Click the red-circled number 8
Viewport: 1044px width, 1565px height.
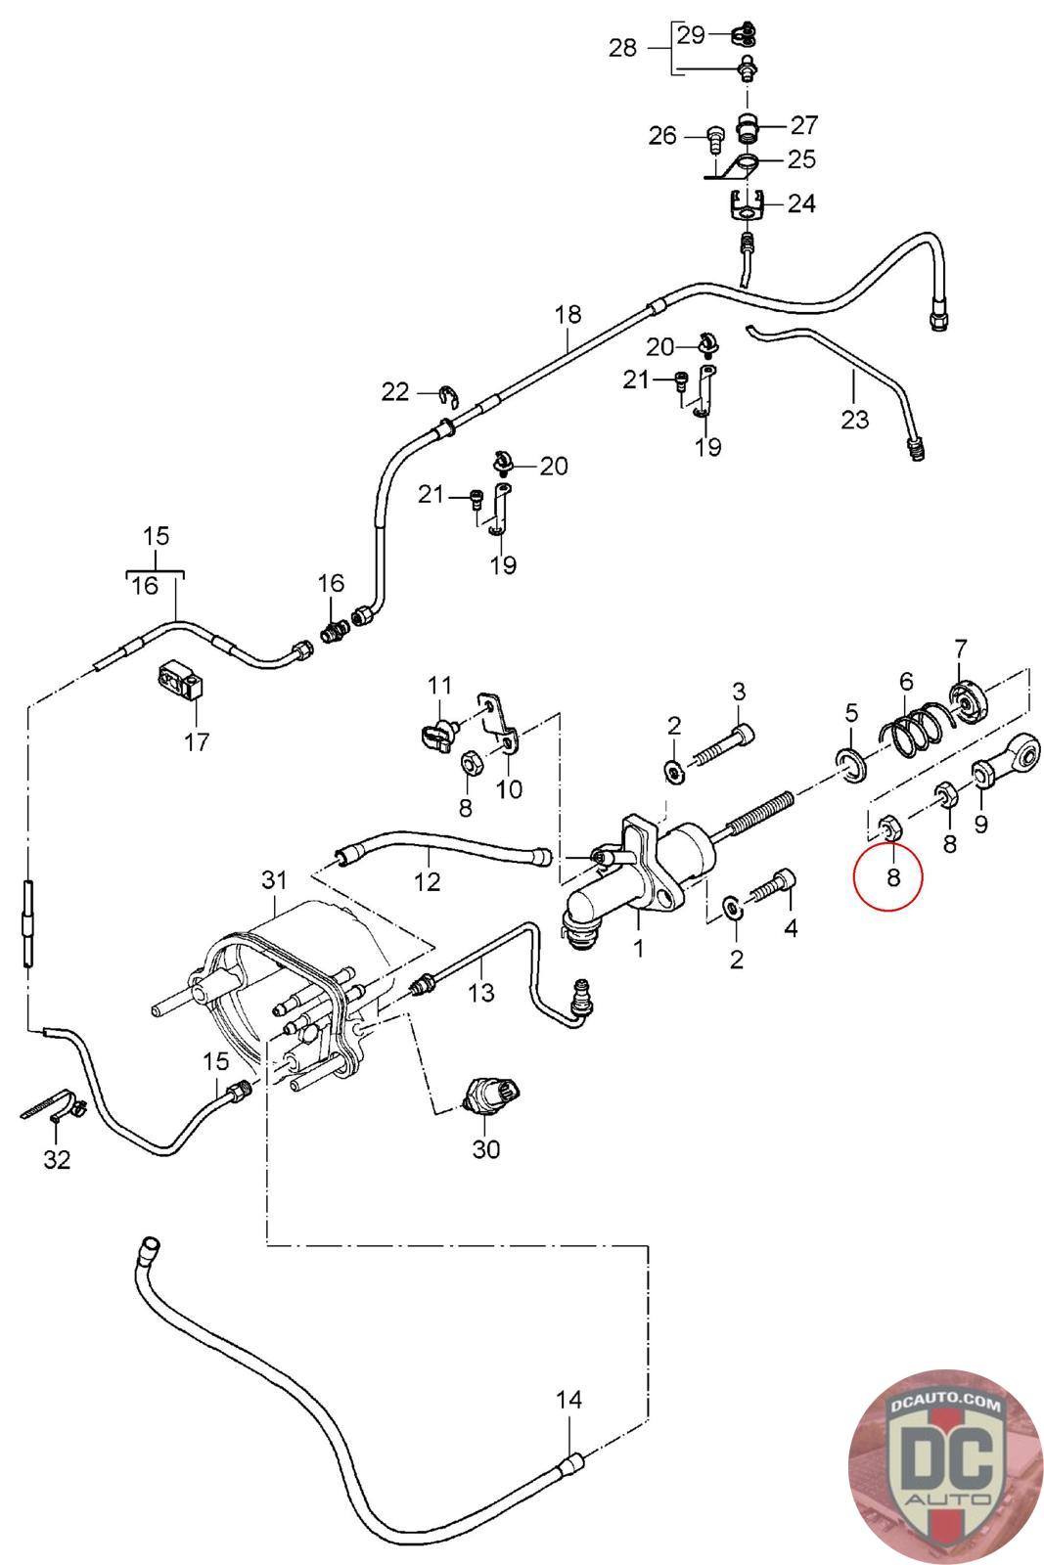892,876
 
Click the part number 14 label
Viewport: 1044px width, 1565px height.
568,1400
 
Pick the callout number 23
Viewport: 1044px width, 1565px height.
854,420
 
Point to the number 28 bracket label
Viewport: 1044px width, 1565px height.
622,47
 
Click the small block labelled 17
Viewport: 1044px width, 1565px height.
179,681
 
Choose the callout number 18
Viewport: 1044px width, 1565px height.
567,315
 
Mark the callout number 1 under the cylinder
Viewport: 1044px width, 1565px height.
638,948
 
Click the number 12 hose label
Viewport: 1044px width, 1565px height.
427,881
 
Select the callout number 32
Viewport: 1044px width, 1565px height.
57,1159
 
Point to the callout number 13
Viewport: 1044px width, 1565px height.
481,994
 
